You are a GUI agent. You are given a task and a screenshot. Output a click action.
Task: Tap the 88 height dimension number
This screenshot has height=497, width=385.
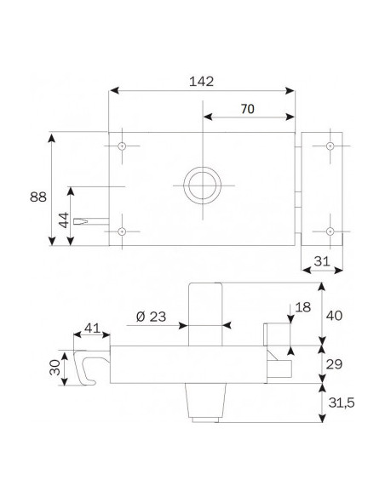click(x=38, y=197)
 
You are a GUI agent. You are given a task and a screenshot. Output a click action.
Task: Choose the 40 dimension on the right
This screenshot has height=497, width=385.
click(x=336, y=315)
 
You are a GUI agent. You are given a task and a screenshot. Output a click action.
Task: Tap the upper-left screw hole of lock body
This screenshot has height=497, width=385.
click(x=123, y=146)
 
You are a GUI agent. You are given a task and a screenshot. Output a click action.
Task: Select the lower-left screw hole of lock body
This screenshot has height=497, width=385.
click(x=123, y=231)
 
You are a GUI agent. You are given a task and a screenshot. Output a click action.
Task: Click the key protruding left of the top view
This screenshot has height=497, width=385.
click(x=92, y=222)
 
